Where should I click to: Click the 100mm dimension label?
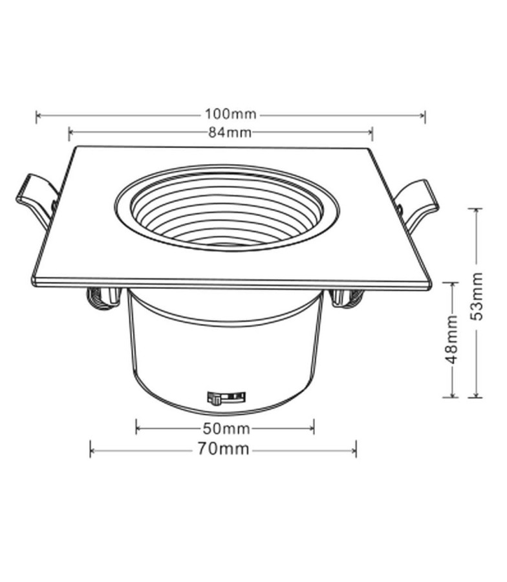(230, 114)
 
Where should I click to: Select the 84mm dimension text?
(230, 133)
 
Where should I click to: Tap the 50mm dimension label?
(226, 429)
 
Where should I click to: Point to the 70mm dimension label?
(222, 449)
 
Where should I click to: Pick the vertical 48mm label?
(451, 339)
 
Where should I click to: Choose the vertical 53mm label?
(476, 296)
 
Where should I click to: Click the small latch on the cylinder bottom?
(226, 397)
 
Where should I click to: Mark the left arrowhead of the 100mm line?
(38, 116)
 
